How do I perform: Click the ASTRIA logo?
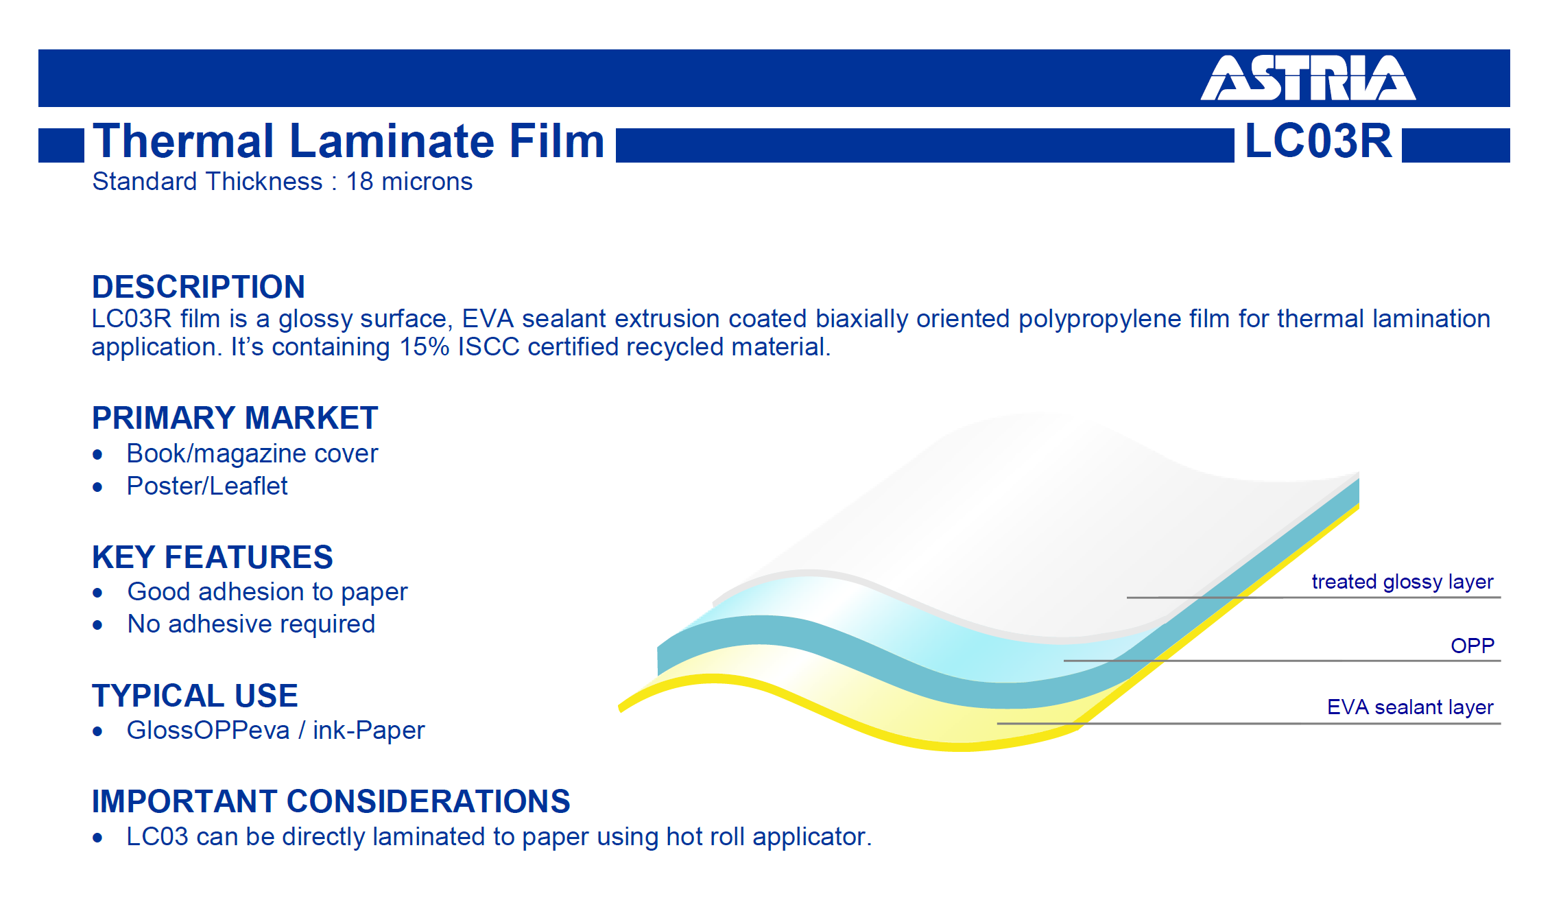(1308, 78)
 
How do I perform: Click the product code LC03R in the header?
(1318, 141)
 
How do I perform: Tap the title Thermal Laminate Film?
(348, 141)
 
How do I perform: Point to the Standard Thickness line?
(283, 182)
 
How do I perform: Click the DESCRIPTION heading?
(198, 287)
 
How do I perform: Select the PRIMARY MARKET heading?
(235, 418)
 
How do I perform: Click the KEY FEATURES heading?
(213, 557)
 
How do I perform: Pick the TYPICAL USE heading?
(195, 696)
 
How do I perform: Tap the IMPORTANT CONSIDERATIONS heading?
(331, 801)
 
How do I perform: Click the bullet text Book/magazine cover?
(252, 453)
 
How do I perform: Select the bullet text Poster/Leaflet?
(207, 486)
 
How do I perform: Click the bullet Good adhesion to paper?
(267, 592)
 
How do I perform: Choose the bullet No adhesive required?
(251, 624)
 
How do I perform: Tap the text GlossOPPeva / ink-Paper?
(276, 731)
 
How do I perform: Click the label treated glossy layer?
(1403, 582)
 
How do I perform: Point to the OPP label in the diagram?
(1472, 646)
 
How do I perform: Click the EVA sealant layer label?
(1410, 707)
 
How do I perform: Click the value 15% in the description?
(425, 347)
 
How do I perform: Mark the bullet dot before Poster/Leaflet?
(97, 487)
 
